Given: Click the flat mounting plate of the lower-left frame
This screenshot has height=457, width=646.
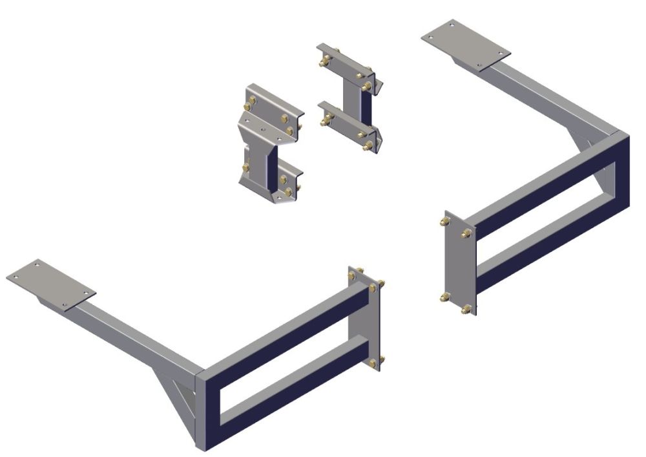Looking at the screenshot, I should click(x=50, y=282).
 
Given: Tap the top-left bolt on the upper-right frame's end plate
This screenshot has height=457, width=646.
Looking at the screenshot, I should click(x=445, y=222).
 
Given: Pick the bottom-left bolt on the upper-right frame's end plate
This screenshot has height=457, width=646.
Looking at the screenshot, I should click(x=444, y=297).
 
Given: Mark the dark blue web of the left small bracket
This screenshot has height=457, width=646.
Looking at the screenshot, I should click(x=272, y=169).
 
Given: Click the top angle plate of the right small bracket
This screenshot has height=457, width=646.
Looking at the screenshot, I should click(x=346, y=62).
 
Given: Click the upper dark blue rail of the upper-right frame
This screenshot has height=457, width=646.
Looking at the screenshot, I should click(x=543, y=187).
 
